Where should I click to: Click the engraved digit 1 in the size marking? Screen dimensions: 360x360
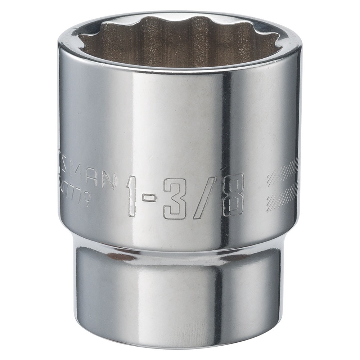132,197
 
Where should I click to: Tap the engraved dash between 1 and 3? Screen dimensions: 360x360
149,198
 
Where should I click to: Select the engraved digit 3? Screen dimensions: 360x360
175,198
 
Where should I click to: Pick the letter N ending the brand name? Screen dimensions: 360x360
108,179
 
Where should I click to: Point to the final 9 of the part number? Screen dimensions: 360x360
85,200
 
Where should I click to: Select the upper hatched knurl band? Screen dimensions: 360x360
283,172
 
